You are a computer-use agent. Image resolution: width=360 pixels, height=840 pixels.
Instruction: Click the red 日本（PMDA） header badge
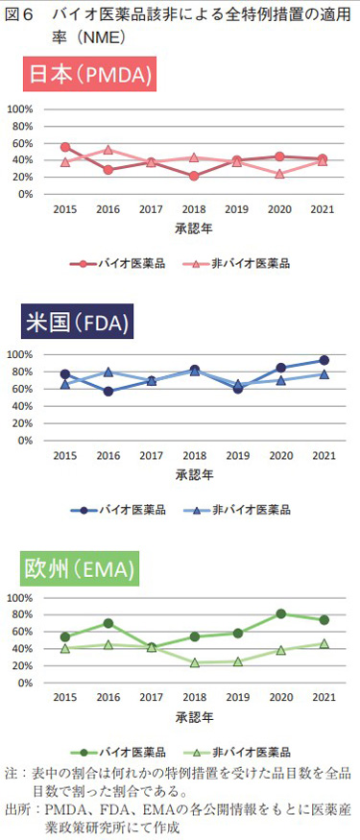pos(91,74)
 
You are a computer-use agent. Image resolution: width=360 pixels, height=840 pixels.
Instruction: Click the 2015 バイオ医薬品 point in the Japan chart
pos(65,147)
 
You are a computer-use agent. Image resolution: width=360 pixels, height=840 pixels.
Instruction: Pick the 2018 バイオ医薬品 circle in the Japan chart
pos(194,176)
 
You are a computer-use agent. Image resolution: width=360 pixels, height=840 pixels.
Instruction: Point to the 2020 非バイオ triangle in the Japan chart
pos(280,174)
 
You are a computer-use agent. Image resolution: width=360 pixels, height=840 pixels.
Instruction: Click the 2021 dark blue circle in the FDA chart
pos(323,361)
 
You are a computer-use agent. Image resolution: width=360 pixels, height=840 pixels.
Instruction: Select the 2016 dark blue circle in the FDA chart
pos(108,391)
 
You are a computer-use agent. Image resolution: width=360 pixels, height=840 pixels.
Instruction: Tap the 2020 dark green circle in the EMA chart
pos(280,613)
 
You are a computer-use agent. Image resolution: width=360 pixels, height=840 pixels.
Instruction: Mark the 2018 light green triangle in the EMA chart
pos(194,662)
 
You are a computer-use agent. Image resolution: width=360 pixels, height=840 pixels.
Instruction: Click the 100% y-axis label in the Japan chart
pos(21,108)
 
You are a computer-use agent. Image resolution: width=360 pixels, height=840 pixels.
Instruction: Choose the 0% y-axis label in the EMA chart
pos(26,684)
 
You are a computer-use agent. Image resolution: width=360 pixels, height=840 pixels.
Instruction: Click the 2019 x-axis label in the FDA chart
pos(237,455)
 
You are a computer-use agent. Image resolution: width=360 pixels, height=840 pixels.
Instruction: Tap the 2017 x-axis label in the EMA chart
pos(151,699)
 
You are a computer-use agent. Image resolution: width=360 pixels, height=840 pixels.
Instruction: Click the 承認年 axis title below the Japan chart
pos(194,228)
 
